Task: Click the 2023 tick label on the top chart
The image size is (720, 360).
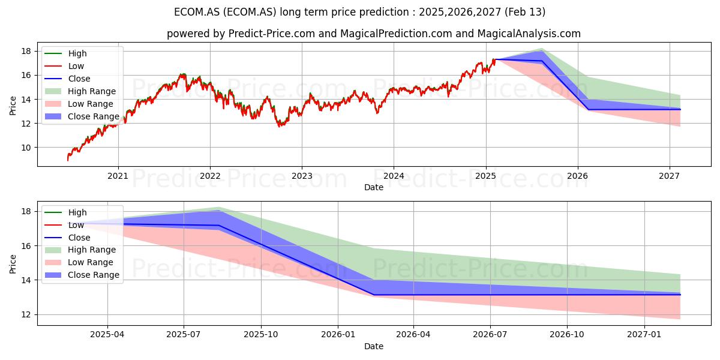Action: pyautogui.click(x=302, y=176)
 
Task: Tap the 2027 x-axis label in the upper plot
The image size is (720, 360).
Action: pyautogui.click(x=670, y=176)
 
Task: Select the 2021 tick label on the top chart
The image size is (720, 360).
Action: pyautogui.click(x=118, y=176)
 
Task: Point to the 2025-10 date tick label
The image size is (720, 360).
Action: pyautogui.click(x=261, y=335)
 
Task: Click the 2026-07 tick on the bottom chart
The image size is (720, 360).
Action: pyautogui.click(x=490, y=335)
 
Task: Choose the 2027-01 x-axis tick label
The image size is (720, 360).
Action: pyautogui.click(x=644, y=335)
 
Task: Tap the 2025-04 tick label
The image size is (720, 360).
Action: pyautogui.click(x=107, y=335)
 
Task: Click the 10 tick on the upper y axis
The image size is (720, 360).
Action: pyautogui.click(x=26, y=148)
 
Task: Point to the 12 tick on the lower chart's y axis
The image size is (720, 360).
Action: pyautogui.click(x=26, y=314)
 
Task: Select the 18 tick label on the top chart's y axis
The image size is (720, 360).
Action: pyautogui.click(x=26, y=51)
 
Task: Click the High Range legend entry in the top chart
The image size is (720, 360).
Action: pyautogui.click(x=80, y=91)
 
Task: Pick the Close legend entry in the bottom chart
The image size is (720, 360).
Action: pyautogui.click(x=67, y=238)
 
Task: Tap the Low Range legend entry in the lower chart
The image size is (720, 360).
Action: pyautogui.click(x=79, y=262)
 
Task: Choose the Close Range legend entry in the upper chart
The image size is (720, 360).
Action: pyautogui.click(x=82, y=116)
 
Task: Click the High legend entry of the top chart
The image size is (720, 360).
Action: pyautogui.click(x=65, y=53)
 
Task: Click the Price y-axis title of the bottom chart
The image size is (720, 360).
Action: pyautogui.click(x=13, y=264)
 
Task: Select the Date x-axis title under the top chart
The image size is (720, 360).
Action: pyautogui.click(x=374, y=187)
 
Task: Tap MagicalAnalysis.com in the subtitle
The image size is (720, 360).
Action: pyautogui.click(x=529, y=34)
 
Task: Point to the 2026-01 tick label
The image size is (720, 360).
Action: pyautogui.click(x=337, y=335)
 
